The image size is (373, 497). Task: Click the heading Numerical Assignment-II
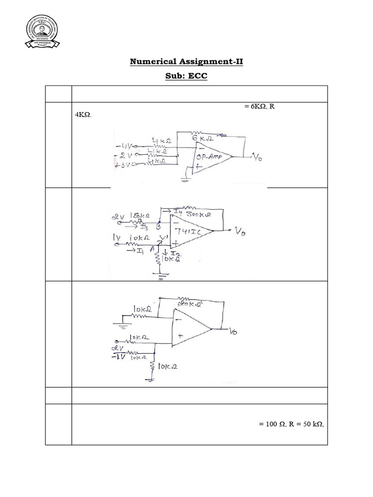point(186,62)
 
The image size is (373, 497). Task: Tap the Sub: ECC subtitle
point(186,77)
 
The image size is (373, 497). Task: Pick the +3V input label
point(125,165)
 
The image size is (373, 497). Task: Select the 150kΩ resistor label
point(139,215)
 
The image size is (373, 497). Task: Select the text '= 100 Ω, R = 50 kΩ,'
point(291,424)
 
